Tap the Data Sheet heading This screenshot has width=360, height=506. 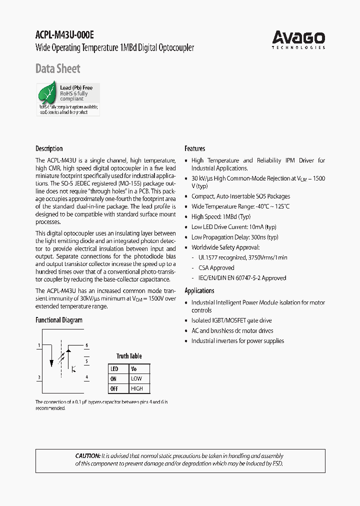[57, 68]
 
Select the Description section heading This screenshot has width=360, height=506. [49, 148]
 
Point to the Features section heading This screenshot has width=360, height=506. [194, 148]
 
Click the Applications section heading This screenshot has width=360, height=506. [199, 290]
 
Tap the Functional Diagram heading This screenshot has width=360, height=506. [58, 320]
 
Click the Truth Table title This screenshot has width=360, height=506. [129, 356]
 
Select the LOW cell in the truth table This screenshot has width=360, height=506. [136, 379]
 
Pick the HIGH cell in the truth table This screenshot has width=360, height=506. [136, 388]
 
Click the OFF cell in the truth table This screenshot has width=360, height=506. [114, 388]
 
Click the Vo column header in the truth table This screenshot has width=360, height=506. [133, 369]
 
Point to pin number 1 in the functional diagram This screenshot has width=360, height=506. [39, 345]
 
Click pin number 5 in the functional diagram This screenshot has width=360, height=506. [86, 361]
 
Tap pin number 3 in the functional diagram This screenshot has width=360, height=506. [39, 377]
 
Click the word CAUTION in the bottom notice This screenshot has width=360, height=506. [87, 456]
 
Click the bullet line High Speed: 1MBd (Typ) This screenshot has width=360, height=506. [220, 217]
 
